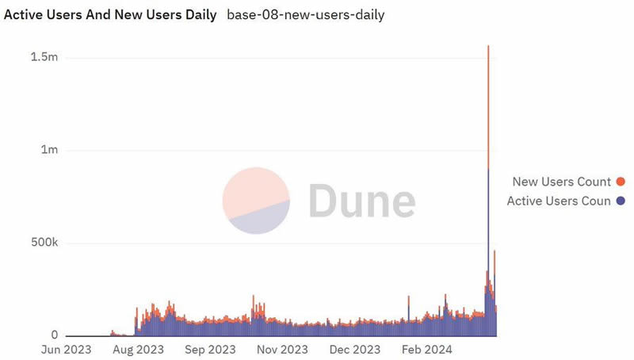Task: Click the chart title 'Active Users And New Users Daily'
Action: pyautogui.click(x=110, y=15)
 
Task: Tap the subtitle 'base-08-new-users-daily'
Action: pyautogui.click(x=306, y=15)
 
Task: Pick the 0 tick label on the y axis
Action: pyautogui.click(x=54, y=335)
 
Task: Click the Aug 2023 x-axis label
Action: pyautogui.click(x=139, y=349)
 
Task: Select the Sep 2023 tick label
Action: pyautogui.click(x=209, y=349)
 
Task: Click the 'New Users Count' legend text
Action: pyautogui.click(x=561, y=182)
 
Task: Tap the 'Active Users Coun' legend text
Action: pyautogui.click(x=559, y=201)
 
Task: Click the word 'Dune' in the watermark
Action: pyautogui.click(x=361, y=201)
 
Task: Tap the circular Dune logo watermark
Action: pyautogui.click(x=256, y=201)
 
